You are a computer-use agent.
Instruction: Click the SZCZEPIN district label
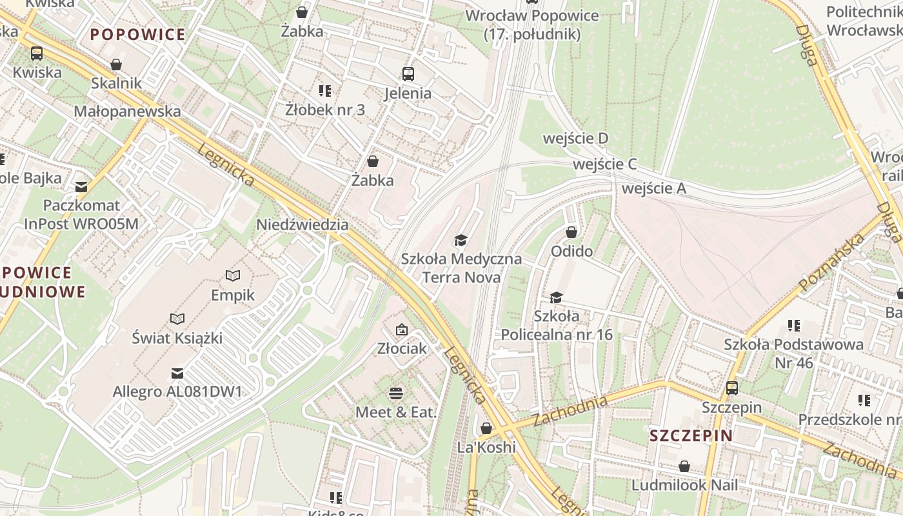[x=691, y=435]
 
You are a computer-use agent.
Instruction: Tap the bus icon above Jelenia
[x=408, y=74]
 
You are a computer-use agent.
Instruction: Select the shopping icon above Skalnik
[x=116, y=64]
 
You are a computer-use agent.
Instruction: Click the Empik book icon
[x=233, y=275]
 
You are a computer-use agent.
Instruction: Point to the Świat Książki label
[x=177, y=337]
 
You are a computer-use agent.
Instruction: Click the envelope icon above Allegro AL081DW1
[x=177, y=373]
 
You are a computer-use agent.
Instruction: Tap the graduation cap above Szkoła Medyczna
[x=461, y=241]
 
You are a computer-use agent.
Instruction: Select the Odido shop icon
[x=571, y=232]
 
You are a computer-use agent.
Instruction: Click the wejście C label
[x=604, y=164]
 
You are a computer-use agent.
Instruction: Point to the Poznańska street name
[x=831, y=263]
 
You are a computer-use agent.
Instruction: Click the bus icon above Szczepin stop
[x=731, y=388]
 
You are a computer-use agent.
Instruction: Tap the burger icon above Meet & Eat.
[x=396, y=393]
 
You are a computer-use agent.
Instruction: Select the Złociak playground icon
[x=402, y=330]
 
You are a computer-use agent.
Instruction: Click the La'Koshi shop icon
[x=486, y=428]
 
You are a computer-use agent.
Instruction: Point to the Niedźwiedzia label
[x=303, y=224]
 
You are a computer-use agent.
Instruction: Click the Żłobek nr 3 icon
[x=324, y=91]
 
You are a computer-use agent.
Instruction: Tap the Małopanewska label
[x=127, y=111]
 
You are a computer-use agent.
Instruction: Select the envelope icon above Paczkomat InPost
[x=81, y=187]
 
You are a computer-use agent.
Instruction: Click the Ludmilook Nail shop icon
[x=684, y=466]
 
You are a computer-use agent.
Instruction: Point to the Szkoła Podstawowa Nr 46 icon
[x=793, y=326]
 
